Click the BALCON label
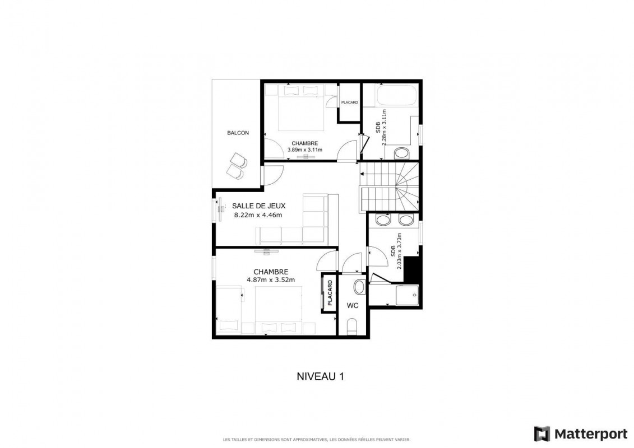tap(238, 133)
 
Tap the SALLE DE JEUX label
tap(259, 206)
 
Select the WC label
tap(353, 306)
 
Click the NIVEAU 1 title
tap(320, 376)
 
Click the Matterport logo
tap(581, 434)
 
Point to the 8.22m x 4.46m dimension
tap(258, 215)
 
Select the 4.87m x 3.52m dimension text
tap(271, 279)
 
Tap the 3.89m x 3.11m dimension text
tap(305, 150)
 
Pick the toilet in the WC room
tap(353, 326)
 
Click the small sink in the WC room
tap(359, 287)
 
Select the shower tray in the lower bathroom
tap(407, 296)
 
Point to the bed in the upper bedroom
tap(301, 108)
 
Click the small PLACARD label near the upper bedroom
tap(349, 102)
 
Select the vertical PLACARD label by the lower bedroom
tap(330, 292)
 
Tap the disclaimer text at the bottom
tap(316, 440)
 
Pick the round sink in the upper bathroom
tap(401, 153)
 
